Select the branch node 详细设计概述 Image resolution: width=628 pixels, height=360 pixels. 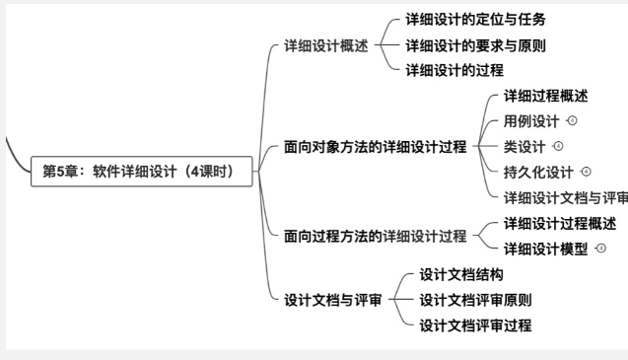(x=325, y=45)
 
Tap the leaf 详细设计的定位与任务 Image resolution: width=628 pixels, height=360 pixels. (x=475, y=19)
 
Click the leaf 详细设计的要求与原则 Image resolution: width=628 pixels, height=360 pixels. (x=475, y=44)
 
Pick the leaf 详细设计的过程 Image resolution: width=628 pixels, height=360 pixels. (x=454, y=70)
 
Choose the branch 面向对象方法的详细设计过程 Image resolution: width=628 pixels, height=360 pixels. (x=376, y=147)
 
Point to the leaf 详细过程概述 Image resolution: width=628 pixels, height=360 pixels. (x=546, y=96)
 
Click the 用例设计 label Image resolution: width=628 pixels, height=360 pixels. (x=531, y=121)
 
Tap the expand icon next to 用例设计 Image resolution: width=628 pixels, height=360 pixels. (x=572, y=120)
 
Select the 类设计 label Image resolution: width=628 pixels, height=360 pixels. (x=524, y=147)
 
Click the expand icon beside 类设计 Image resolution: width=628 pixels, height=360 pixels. (x=558, y=146)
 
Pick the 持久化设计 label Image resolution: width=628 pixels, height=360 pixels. (x=538, y=173)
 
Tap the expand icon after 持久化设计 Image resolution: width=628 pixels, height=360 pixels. (x=586, y=172)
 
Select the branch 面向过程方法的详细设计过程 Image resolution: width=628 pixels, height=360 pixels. (x=376, y=236)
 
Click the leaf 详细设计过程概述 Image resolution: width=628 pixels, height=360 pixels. (x=560, y=223)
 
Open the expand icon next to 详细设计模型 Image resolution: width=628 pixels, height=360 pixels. (x=600, y=249)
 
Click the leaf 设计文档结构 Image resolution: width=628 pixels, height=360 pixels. (x=461, y=274)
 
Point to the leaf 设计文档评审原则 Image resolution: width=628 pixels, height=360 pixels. (x=475, y=300)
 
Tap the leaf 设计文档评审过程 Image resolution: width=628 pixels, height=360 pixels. (x=475, y=325)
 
